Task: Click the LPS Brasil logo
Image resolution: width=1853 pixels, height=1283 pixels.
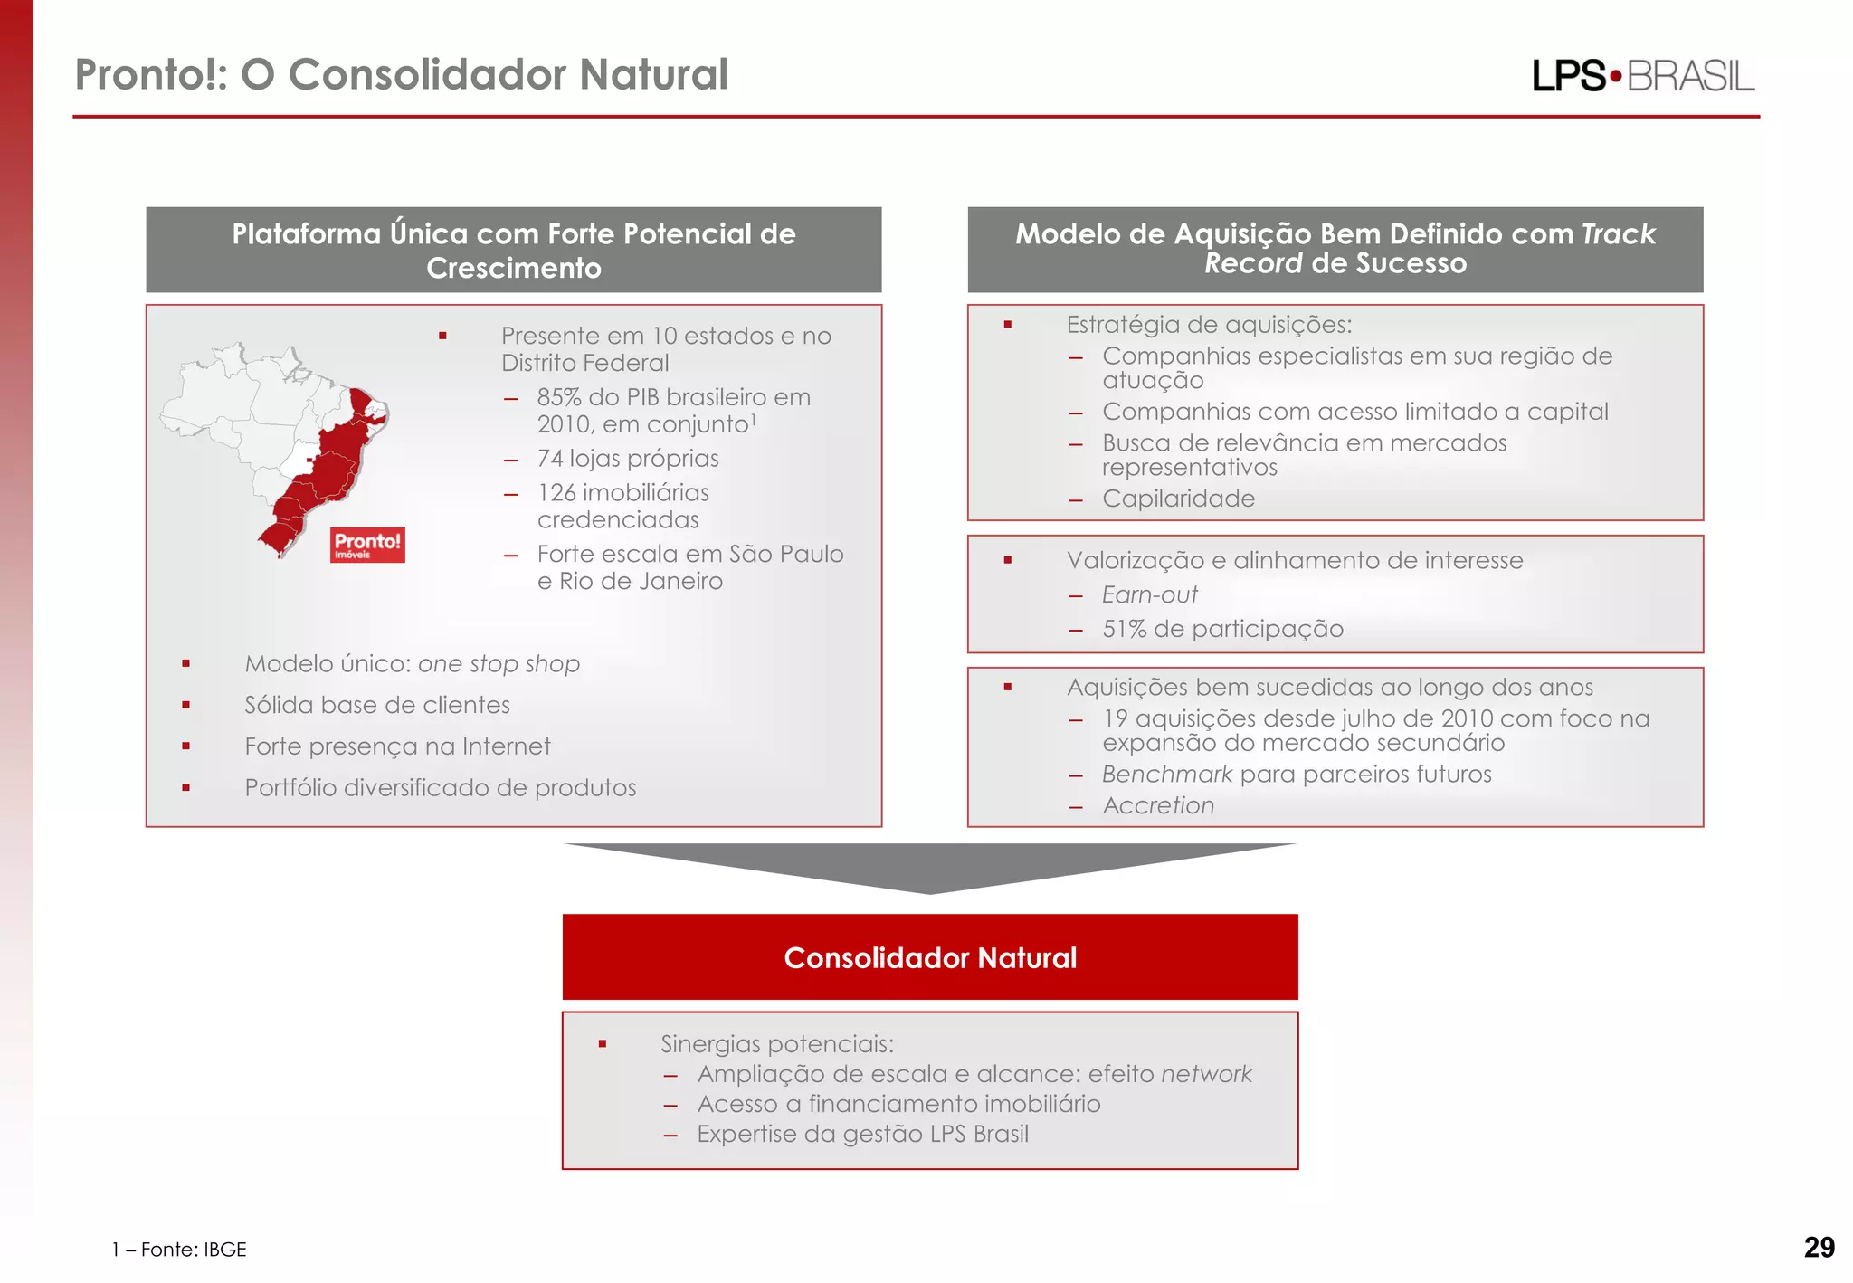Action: click(1642, 76)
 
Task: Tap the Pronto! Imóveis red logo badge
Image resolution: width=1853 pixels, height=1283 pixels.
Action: click(367, 545)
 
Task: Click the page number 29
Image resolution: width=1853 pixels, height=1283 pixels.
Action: click(1819, 1248)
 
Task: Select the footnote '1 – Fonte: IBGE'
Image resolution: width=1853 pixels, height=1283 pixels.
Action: click(179, 1250)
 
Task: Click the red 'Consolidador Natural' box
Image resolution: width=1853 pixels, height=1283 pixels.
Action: click(930, 957)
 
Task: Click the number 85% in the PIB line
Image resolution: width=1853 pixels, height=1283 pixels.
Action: click(558, 397)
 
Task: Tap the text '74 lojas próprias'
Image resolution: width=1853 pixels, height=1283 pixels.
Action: click(628, 459)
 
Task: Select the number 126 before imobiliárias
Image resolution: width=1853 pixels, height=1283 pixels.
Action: click(556, 493)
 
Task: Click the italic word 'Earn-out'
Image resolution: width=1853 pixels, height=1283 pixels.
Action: click(1149, 594)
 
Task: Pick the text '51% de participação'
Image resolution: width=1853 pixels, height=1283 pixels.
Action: click(1222, 629)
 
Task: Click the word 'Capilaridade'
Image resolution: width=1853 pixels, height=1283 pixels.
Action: click(1178, 499)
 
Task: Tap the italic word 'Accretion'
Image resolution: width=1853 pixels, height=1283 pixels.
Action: click(1158, 805)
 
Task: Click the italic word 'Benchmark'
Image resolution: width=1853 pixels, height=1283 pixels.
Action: click(1166, 775)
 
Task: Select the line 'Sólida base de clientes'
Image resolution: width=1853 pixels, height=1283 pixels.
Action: click(376, 705)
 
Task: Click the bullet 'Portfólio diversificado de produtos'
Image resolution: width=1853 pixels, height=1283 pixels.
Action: click(440, 788)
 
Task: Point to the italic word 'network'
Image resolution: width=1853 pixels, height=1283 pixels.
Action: click(1206, 1074)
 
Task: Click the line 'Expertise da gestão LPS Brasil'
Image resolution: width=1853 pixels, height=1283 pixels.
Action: click(862, 1134)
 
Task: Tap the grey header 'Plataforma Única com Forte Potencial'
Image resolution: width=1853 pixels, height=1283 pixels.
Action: click(514, 250)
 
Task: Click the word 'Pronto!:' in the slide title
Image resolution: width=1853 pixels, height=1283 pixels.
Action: click(150, 74)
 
